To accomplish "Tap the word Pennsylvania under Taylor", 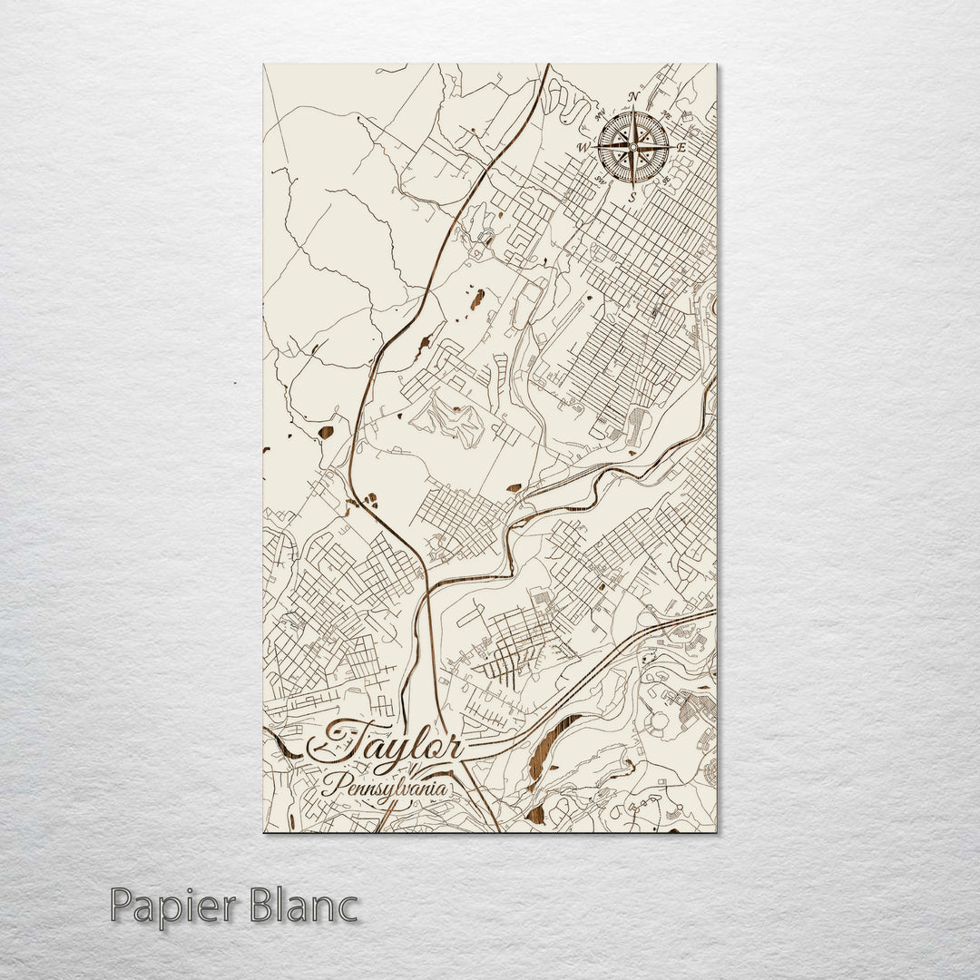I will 385,786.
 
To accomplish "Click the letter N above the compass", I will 634,97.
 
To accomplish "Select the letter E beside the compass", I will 681,147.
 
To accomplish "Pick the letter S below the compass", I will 633,195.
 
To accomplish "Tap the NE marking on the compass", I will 666,114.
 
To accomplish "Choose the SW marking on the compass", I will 600,179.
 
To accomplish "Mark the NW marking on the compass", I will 600,115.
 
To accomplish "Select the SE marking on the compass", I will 667,179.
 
